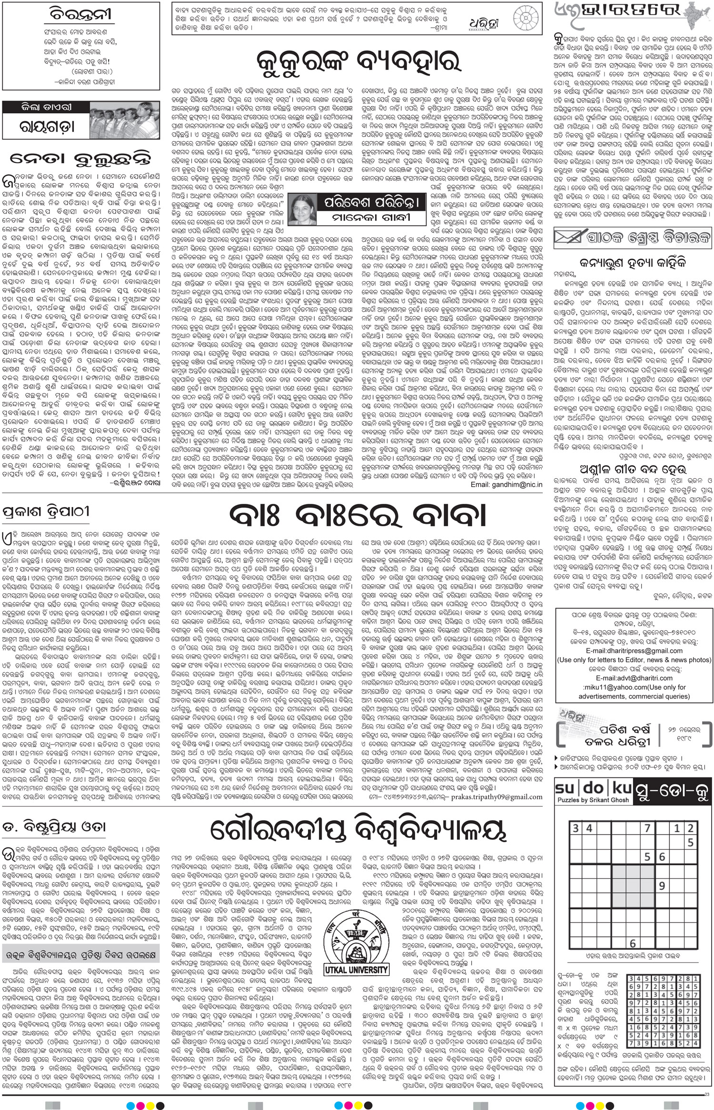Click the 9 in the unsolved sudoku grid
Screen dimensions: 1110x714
click(x=661, y=885)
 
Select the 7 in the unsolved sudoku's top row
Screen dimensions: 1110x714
click(x=647, y=828)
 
